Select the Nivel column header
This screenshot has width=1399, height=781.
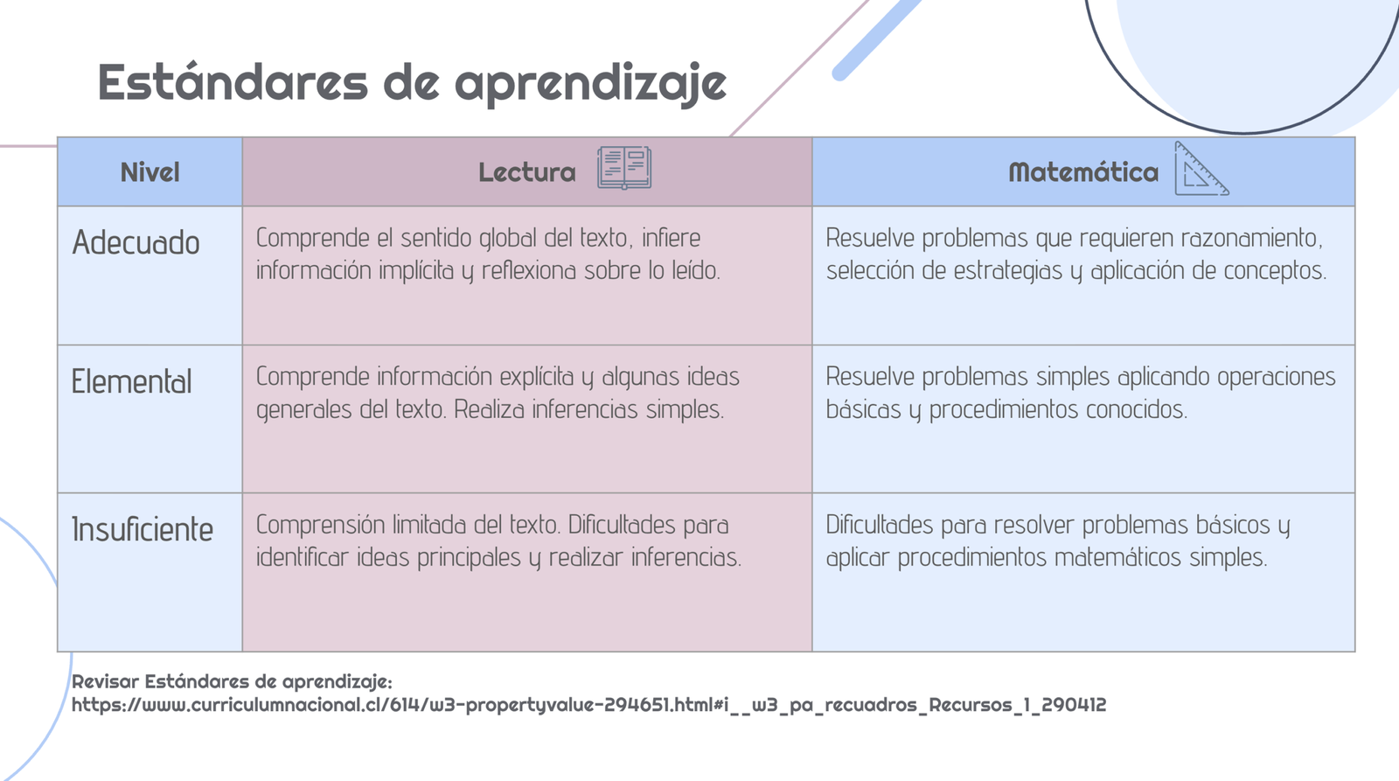coord(150,172)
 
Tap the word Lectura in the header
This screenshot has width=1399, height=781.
coord(527,172)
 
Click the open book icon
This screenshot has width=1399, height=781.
coord(624,167)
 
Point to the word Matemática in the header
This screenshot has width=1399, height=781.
coord(1083,172)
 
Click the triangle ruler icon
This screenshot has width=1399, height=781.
coord(1201,169)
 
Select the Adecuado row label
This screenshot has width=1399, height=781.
coord(136,242)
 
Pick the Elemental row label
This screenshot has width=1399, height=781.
coord(132,381)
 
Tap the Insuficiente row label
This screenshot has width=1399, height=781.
coord(143,529)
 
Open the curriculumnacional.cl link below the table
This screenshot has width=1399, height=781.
coord(588,706)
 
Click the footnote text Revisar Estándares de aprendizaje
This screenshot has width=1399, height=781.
coord(232,681)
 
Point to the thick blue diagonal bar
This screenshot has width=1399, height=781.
coord(876,38)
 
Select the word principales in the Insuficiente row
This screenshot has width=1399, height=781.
coord(469,558)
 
